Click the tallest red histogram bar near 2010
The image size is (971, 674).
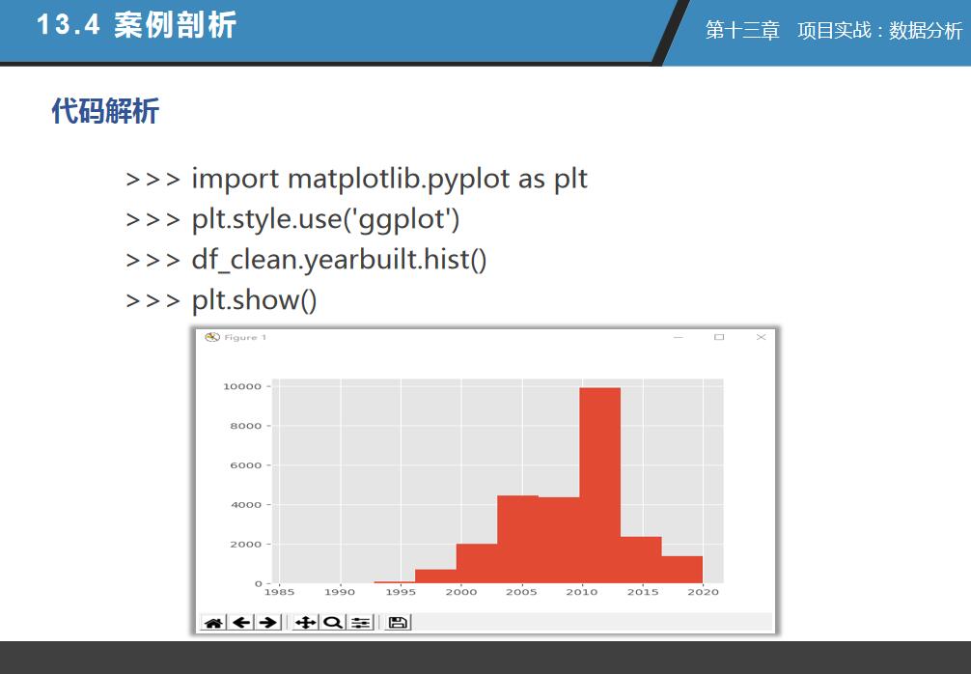(x=600, y=485)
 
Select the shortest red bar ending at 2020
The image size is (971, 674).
(x=681, y=570)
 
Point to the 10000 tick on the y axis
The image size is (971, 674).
(x=242, y=386)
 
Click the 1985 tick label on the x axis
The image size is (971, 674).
(x=279, y=592)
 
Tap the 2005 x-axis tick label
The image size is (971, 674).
(x=521, y=592)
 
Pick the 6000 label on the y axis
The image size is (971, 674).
(x=246, y=465)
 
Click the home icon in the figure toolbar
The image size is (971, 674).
(x=213, y=623)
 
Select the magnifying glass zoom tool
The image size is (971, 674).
(x=333, y=623)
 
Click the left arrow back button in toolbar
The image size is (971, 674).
(x=241, y=623)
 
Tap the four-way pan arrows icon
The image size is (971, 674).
(x=306, y=623)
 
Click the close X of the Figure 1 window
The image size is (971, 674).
(x=762, y=337)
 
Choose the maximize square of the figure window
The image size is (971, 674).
(x=719, y=337)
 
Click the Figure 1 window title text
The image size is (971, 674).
(x=245, y=337)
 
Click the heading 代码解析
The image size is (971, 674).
(x=105, y=111)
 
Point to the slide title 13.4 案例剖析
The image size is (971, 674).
(x=137, y=25)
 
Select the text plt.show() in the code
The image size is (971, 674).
(x=255, y=300)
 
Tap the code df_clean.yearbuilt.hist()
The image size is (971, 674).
(x=340, y=260)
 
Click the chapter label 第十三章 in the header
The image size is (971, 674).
(x=742, y=30)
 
